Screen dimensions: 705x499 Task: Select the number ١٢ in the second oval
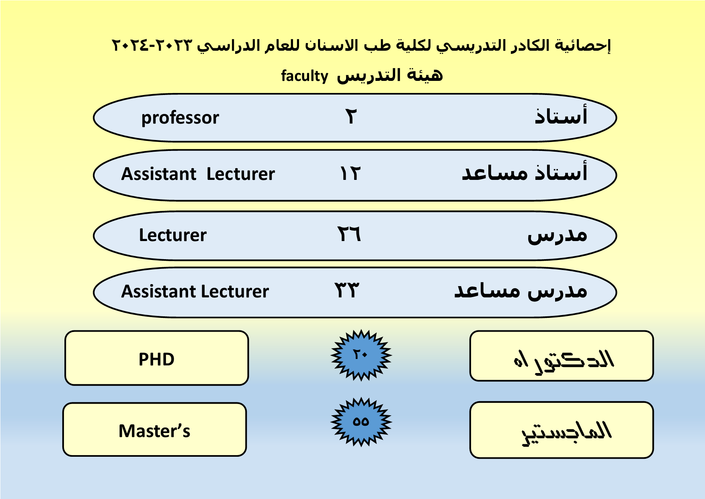[350, 173]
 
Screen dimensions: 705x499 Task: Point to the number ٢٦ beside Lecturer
[349, 234]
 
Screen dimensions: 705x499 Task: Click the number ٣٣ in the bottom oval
[347, 290]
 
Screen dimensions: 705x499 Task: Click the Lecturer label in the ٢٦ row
[173, 235]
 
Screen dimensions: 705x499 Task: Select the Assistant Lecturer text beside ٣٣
[195, 291]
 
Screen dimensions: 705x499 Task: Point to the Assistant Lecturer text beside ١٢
[198, 174]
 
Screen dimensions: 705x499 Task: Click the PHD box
[157, 358]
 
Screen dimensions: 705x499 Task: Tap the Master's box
[155, 429]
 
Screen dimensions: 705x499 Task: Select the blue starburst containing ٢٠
[361, 355]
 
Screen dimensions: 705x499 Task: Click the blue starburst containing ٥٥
[361, 422]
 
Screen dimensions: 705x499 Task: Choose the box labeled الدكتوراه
[562, 356]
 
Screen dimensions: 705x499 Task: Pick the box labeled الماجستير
[562, 430]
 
